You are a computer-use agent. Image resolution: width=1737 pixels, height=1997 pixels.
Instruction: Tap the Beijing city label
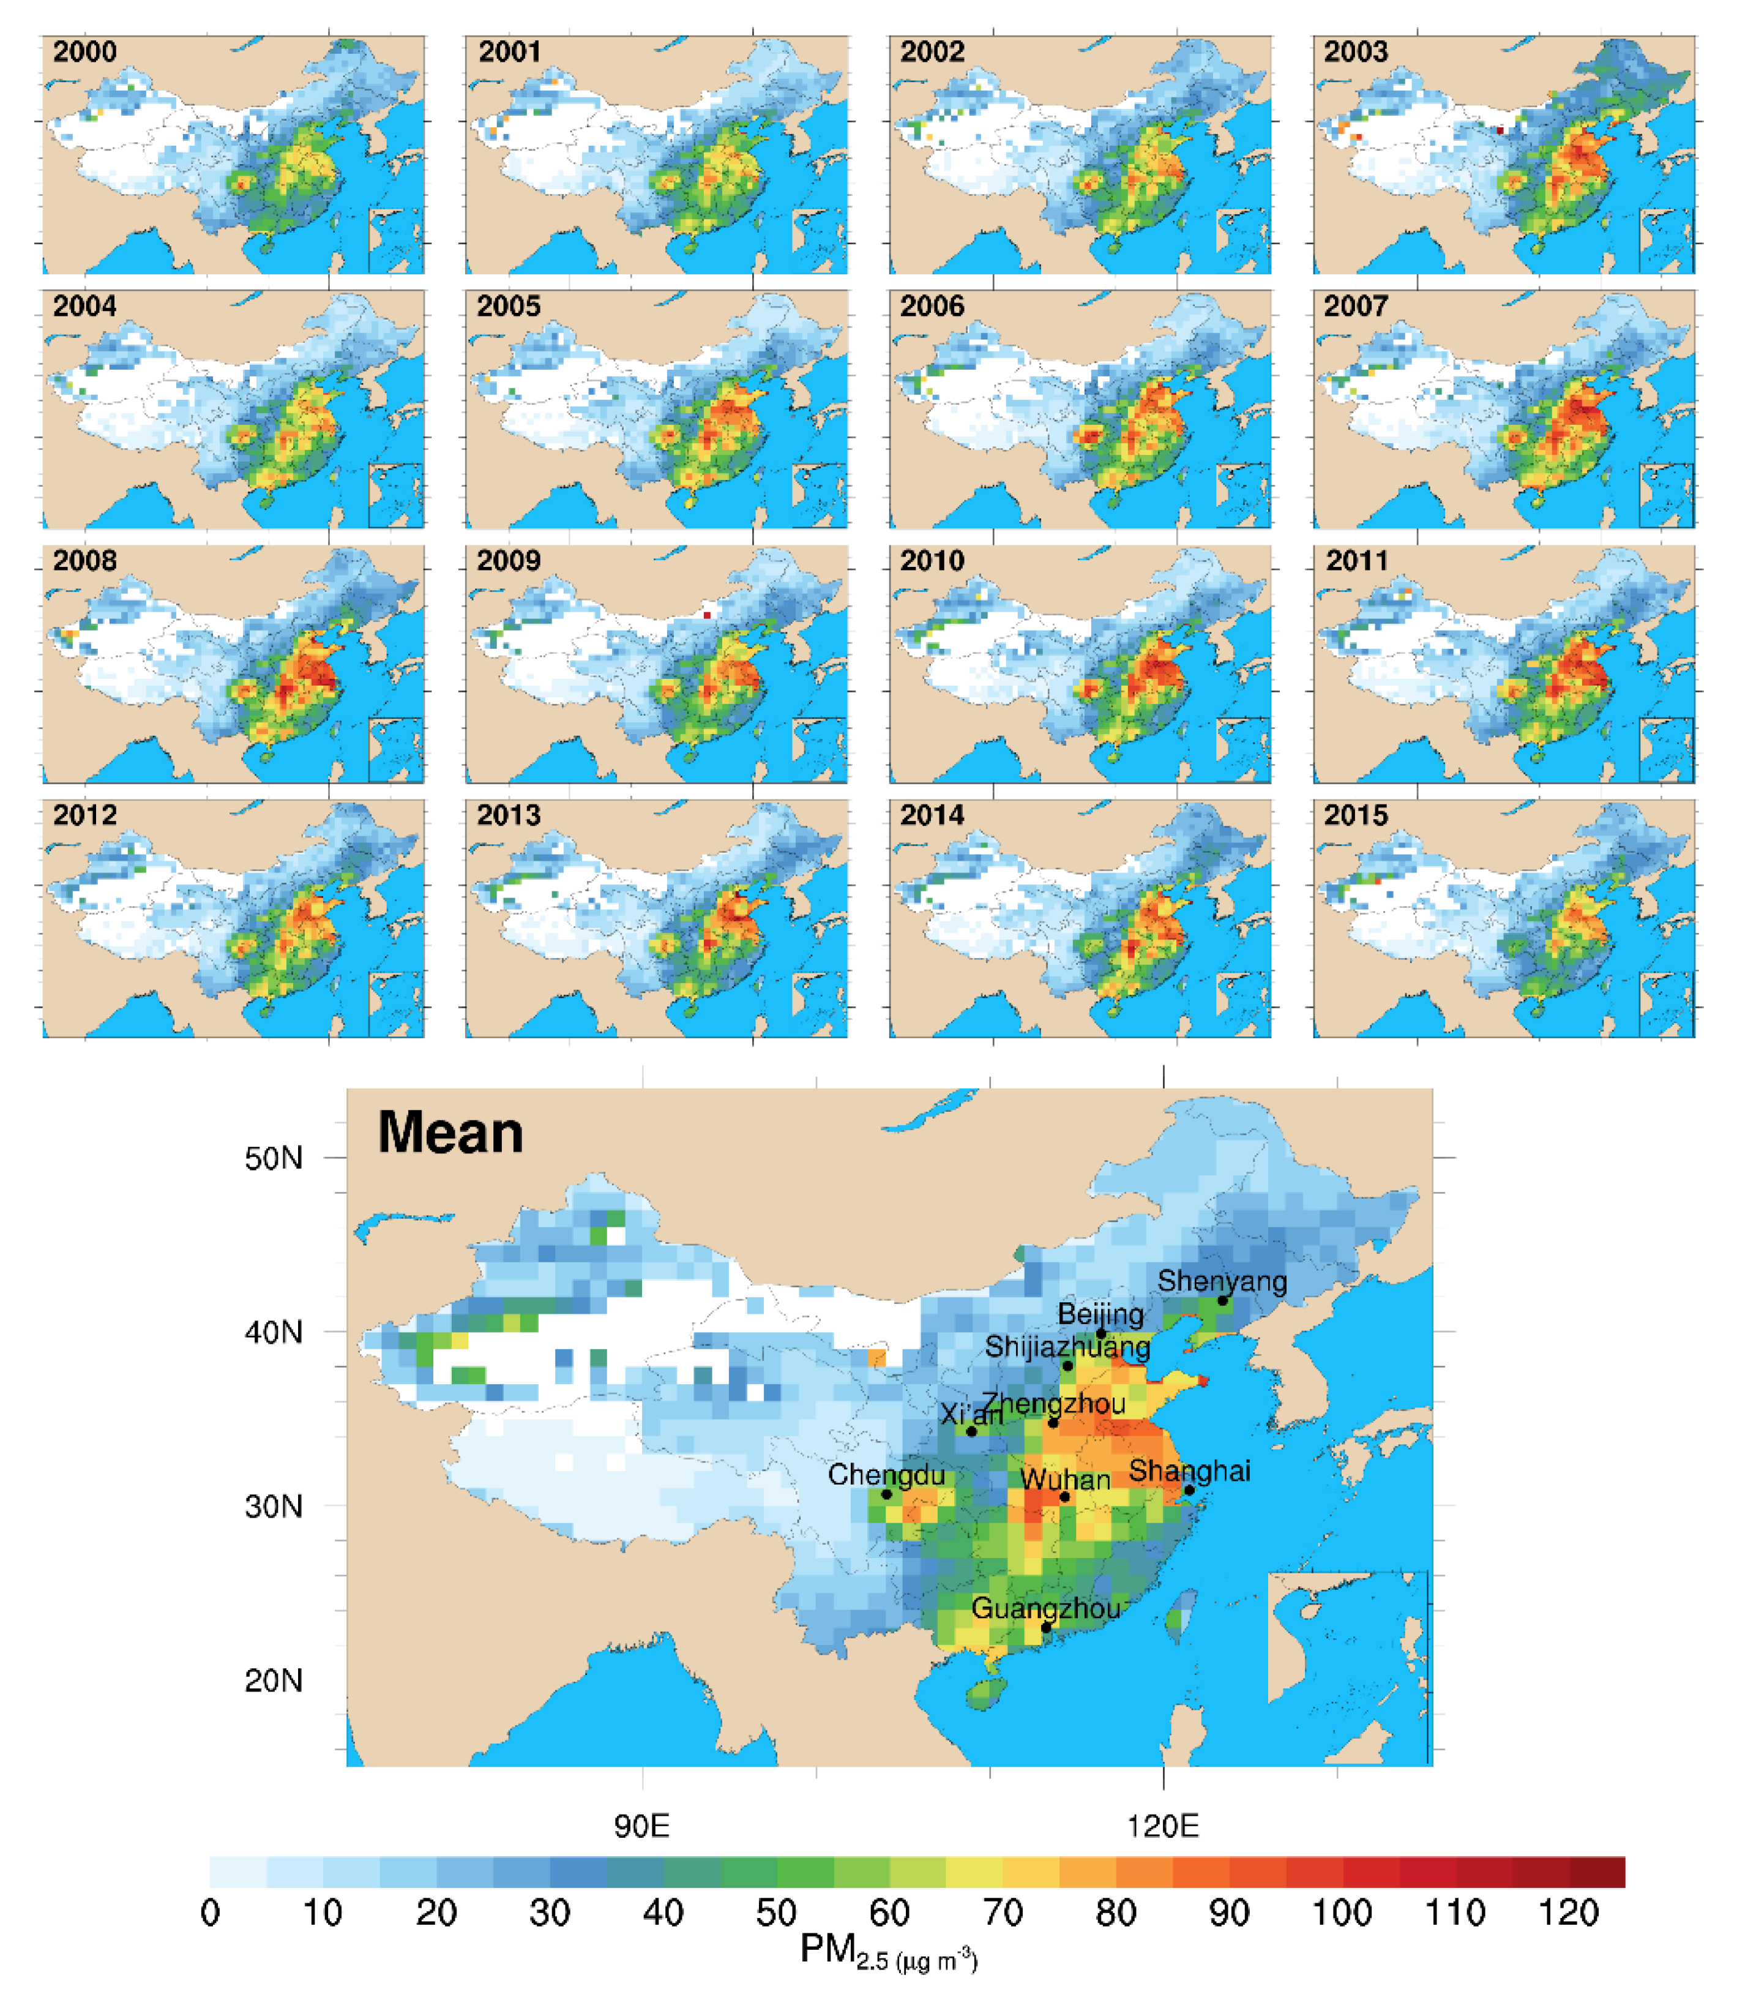[1100, 1314]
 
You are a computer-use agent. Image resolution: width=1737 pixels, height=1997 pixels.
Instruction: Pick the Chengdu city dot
[886, 1494]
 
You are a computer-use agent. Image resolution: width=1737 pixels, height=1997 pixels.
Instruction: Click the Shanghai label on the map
[1189, 1471]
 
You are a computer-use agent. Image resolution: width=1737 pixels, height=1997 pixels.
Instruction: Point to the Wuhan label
[1065, 1480]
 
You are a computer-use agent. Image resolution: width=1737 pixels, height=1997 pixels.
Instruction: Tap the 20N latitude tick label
[274, 1680]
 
